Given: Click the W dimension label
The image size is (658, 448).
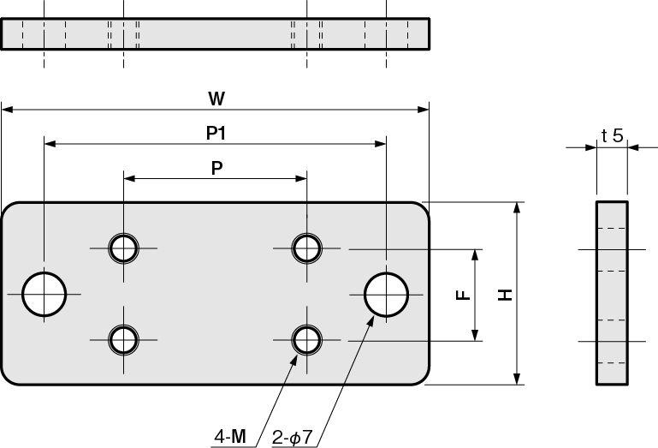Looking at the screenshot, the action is pyautogui.click(x=216, y=99).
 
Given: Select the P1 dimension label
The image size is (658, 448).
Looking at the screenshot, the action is pyautogui.click(x=216, y=134).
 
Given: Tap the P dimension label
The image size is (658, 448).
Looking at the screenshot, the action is pyautogui.click(x=216, y=168).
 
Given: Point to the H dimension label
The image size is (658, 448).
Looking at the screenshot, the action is pyautogui.click(x=505, y=294).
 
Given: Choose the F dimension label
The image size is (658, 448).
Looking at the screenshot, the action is pyautogui.click(x=463, y=295).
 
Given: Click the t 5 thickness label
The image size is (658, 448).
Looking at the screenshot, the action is pyautogui.click(x=613, y=135).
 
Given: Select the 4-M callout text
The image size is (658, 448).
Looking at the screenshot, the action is pyautogui.click(x=230, y=437).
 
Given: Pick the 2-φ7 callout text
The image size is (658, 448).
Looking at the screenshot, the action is pyautogui.click(x=292, y=438).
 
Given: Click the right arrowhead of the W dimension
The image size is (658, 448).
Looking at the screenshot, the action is pyautogui.click(x=424, y=110).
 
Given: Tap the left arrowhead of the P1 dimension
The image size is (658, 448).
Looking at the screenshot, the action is pyautogui.click(x=50, y=144).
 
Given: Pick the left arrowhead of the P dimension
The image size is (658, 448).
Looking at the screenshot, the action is pyautogui.click(x=129, y=179).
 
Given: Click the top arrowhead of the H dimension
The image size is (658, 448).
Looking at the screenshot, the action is pyautogui.click(x=517, y=208).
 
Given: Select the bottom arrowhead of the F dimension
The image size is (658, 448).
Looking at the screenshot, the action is pyautogui.click(x=475, y=335).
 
